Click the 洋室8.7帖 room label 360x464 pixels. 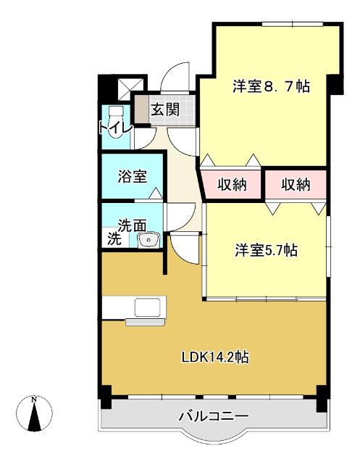271,86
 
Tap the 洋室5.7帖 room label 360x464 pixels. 265,251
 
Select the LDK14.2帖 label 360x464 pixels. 215,357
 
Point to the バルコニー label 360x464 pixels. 214,417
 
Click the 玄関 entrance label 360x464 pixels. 164,109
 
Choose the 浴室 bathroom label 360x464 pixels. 133,175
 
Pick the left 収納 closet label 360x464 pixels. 232,185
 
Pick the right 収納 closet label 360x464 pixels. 296,185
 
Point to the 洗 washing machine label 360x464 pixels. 114,239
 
